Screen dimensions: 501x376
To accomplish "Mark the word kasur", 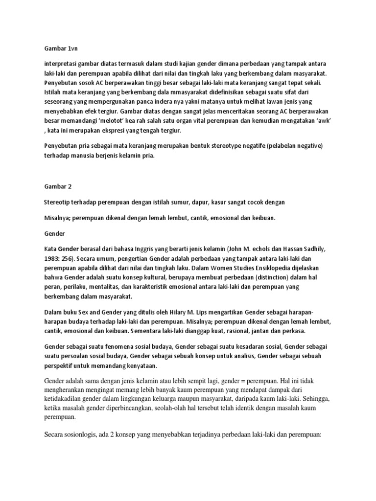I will pos(226,202).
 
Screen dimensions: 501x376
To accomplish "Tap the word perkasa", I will pos(290,330).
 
